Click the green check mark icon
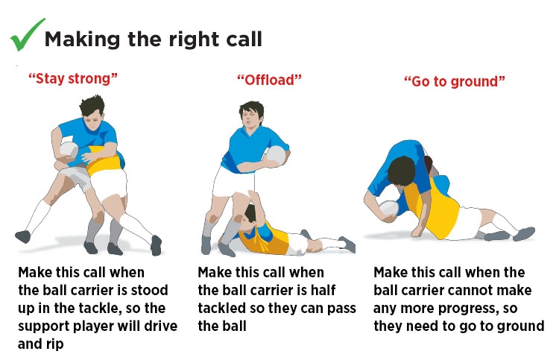click(x=25, y=36)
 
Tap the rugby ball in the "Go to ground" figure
click(x=390, y=208)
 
